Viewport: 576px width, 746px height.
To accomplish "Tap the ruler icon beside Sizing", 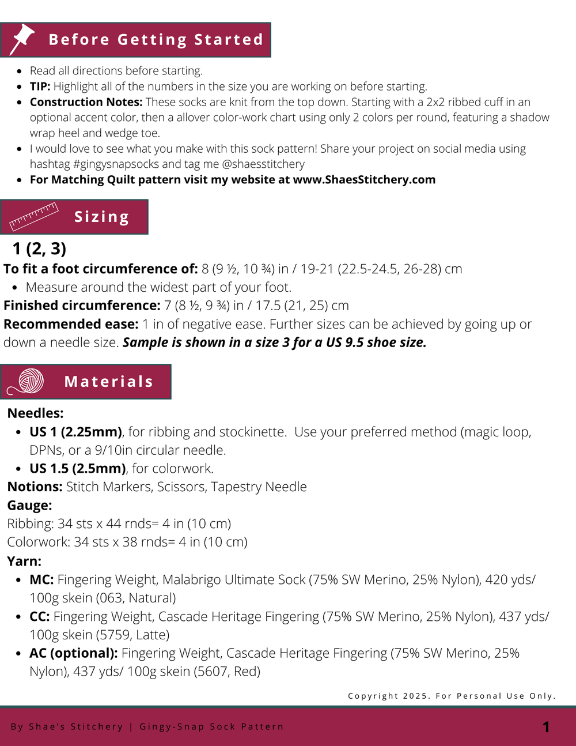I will [34, 216].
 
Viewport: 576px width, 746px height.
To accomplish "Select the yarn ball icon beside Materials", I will [28, 382].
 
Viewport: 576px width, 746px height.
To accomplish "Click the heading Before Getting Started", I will [156, 40].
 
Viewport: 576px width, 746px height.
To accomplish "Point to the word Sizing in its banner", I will [102, 217].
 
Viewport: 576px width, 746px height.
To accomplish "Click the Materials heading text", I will [109, 382].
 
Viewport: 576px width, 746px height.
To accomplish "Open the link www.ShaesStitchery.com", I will [364, 180].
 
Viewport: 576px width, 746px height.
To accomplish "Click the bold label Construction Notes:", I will [86, 102].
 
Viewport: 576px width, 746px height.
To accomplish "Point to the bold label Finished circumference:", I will [82, 306].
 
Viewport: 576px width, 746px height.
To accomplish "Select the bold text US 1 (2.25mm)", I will [75, 432].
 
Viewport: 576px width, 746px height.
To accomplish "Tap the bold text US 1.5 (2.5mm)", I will [77, 469].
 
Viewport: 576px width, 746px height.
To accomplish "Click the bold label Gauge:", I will [29, 506].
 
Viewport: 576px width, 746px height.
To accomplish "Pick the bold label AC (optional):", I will [74, 653].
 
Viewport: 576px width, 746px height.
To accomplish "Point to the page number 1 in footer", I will [546, 727].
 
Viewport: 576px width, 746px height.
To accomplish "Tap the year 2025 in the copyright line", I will [415, 696].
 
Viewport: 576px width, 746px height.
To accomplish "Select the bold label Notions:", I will [35, 487].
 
